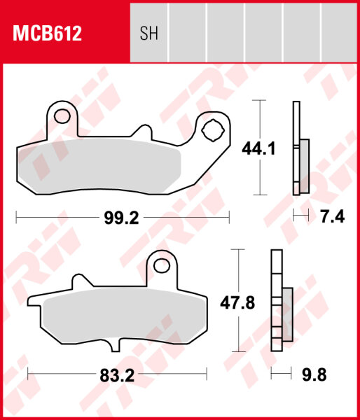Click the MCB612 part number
pyautogui.click(x=46, y=33)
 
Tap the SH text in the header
pyautogui.click(x=149, y=34)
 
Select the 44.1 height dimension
pyautogui.click(x=258, y=148)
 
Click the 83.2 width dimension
pyautogui.click(x=116, y=374)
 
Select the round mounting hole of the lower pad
pyautogui.click(x=163, y=265)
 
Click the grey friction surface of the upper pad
pyautogui.click(x=98, y=164)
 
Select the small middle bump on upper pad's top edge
pyautogui.click(x=144, y=132)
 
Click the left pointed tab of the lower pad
pyautogui.click(x=34, y=302)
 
